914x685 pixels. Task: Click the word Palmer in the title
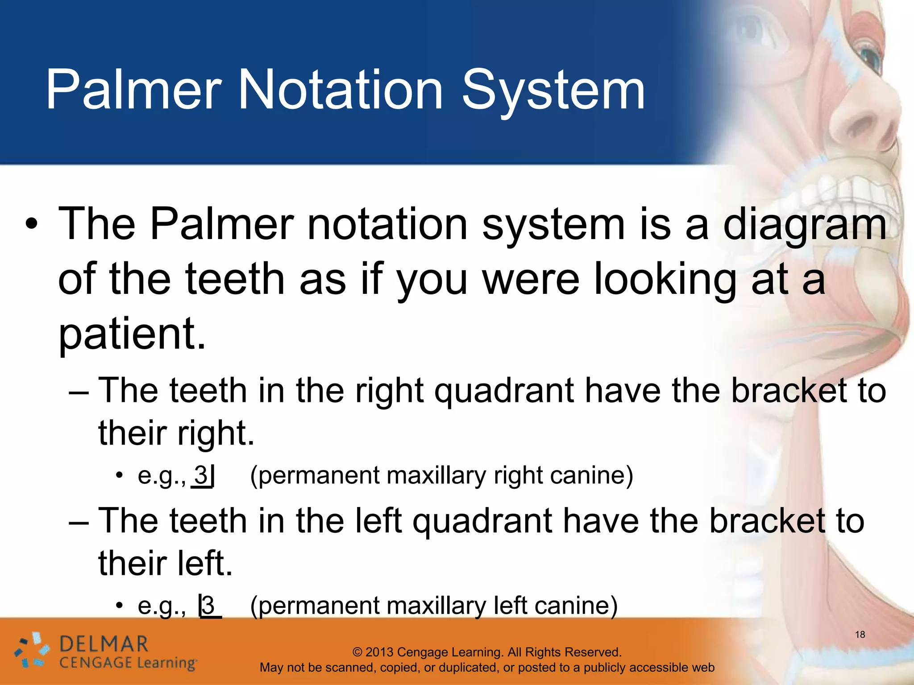click(134, 90)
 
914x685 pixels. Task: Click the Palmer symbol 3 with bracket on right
click(204, 475)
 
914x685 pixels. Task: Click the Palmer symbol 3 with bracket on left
click(209, 606)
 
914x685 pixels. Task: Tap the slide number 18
click(860, 634)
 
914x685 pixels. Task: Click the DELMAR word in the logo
click(104, 644)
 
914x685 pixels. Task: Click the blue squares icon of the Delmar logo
click(31, 651)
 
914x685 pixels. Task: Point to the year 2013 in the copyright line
click(379, 652)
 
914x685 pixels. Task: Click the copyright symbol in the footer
click(357, 652)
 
